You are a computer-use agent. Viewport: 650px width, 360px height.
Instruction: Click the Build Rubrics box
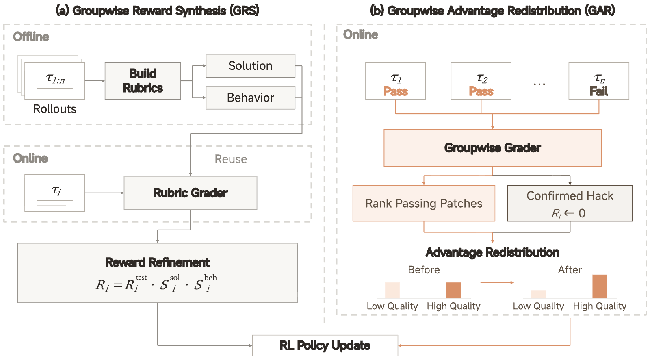click(143, 81)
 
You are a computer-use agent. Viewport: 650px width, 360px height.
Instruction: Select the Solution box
click(250, 66)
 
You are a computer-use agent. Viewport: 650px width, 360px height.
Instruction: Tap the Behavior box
click(250, 98)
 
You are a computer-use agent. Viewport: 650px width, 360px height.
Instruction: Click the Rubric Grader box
click(191, 193)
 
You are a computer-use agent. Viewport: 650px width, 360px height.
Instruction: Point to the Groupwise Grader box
click(492, 148)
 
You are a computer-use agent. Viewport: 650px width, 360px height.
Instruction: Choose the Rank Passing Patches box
click(424, 203)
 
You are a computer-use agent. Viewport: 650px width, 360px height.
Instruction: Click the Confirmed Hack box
click(570, 203)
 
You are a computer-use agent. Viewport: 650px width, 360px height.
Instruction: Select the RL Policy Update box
click(325, 345)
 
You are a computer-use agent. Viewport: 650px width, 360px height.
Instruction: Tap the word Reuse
click(231, 159)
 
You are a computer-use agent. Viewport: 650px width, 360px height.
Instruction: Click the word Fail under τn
click(599, 91)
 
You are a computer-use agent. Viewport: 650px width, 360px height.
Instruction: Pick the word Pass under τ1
click(396, 91)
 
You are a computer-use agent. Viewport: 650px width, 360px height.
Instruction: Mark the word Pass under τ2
click(481, 91)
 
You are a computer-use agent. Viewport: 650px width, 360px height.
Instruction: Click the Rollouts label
click(55, 109)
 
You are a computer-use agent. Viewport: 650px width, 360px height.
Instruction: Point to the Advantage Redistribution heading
click(492, 252)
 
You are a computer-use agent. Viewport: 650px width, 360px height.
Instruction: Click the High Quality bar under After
click(600, 286)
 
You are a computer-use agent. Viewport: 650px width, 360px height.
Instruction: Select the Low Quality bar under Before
click(392, 290)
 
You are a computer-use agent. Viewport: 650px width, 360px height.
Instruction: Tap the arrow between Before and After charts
click(497, 282)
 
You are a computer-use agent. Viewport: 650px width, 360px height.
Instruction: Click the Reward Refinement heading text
click(158, 262)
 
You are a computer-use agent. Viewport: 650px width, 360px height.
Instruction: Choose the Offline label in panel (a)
click(31, 37)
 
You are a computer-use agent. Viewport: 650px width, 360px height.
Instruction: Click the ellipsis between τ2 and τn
click(539, 85)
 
